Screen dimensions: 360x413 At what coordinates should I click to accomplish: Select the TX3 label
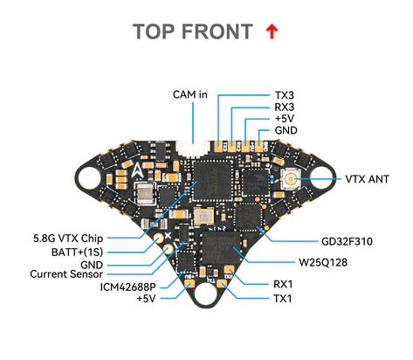coord(285,93)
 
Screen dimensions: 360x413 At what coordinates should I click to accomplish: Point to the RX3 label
coord(285,107)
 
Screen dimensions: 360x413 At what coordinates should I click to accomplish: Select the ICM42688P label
coord(128,287)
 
